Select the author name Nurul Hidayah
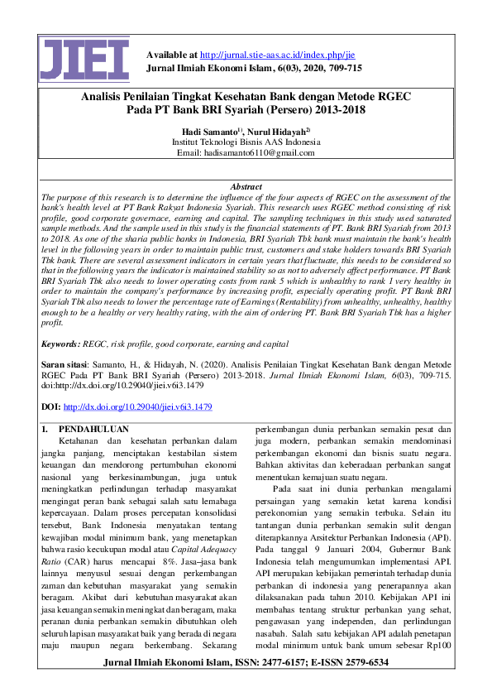click(x=279, y=131)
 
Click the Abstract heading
click(x=246, y=187)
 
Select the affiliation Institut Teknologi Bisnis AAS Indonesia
click(x=246, y=142)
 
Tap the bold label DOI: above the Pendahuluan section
click(x=51, y=406)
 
